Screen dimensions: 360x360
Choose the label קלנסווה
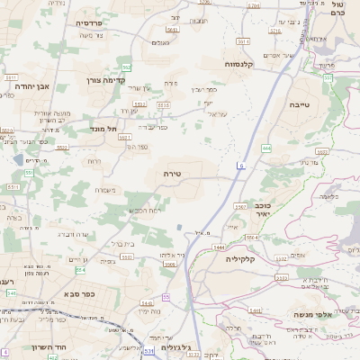[244, 64]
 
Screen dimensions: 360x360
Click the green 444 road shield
[266, 147]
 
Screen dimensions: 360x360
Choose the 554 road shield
[80, 269]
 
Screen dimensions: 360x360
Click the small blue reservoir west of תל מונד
[19, 160]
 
